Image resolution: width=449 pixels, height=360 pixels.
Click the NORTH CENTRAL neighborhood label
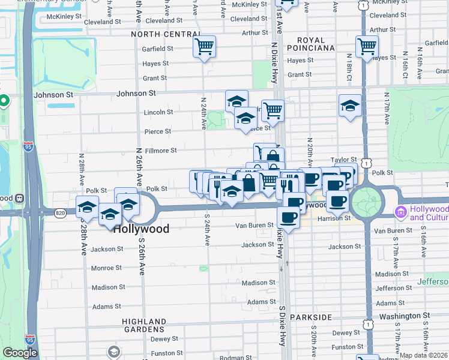[x=161, y=34]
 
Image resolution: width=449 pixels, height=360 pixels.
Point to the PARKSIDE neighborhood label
[x=311, y=317]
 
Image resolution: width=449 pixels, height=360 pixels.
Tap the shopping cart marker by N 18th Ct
[x=366, y=46]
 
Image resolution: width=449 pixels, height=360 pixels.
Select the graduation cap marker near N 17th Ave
[x=350, y=106]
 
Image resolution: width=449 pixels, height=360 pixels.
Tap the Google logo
[x=20, y=353]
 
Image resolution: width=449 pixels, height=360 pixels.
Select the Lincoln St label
[x=158, y=112]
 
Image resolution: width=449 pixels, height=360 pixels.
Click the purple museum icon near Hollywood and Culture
[x=400, y=212]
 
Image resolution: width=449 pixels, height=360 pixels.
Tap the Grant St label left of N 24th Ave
[x=154, y=78]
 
